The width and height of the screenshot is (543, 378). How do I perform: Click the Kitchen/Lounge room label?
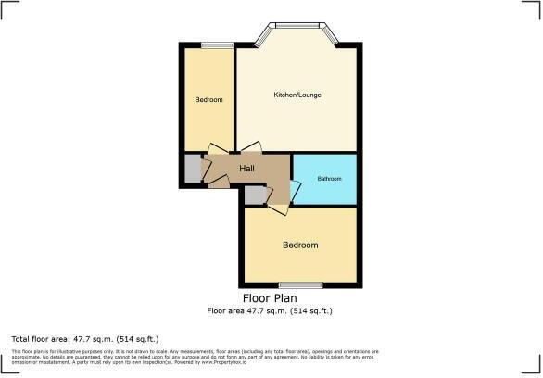coord(297,95)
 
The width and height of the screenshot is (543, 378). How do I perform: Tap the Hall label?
coord(247,169)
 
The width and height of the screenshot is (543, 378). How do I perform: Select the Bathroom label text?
coord(329,178)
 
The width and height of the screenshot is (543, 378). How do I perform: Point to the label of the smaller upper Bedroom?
coord(208,100)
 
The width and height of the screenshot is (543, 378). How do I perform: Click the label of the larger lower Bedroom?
coord(300,246)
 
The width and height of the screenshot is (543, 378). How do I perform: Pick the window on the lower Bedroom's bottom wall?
coord(300,284)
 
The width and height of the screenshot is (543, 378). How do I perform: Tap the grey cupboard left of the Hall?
coord(193,169)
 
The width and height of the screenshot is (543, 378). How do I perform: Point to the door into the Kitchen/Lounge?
coord(249,148)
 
